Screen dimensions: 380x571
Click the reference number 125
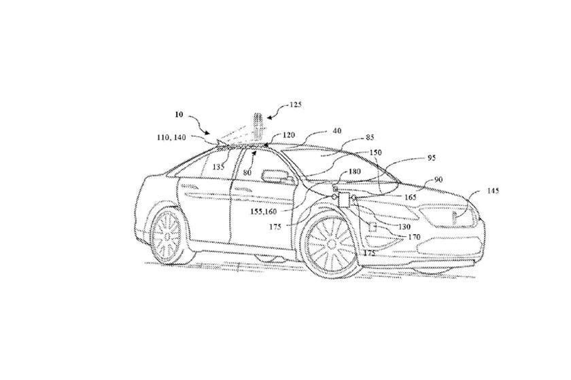point(294,105)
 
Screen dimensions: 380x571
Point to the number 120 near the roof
point(288,136)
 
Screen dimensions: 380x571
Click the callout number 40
point(336,132)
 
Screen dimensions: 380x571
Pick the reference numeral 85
point(370,137)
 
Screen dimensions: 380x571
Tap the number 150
point(375,153)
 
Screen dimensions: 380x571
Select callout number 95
point(432,157)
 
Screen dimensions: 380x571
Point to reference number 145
point(493,191)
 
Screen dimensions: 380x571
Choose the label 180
point(354,172)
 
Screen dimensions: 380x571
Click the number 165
point(410,197)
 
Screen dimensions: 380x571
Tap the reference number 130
point(405,227)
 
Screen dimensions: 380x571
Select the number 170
point(414,237)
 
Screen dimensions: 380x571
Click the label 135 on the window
point(218,165)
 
